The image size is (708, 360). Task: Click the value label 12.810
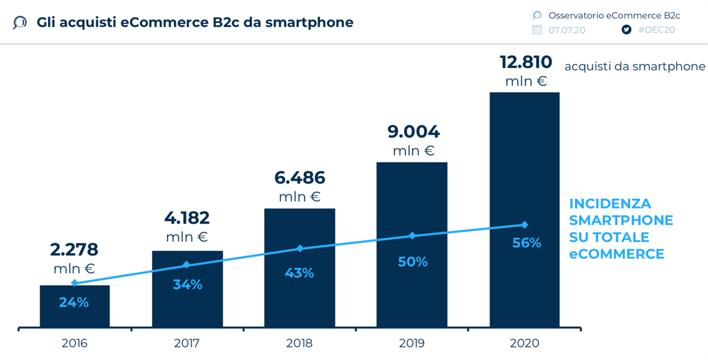[526, 62]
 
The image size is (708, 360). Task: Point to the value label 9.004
[414, 132]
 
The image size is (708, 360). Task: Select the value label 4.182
[186, 218]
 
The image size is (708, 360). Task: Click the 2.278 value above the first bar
[74, 250]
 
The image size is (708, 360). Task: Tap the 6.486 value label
[300, 178]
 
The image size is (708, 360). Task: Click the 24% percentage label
[74, 302]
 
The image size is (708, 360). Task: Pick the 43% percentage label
[300, 273]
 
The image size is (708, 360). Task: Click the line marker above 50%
[412, 235]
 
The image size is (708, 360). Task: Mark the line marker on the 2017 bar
[186, 265]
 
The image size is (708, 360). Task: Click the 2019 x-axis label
[412, 343]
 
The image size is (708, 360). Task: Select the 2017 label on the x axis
[186, 343]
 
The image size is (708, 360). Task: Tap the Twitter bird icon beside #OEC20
[627, 30]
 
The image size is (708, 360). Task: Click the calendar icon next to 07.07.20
[537, 30]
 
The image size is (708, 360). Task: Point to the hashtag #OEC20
[656, 30]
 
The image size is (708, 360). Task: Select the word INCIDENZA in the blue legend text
[610, 204]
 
